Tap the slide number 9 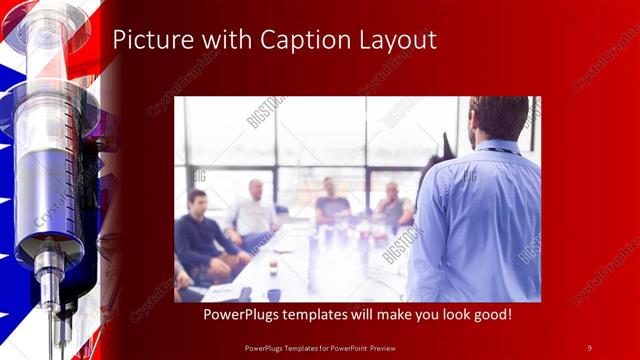coord(589,347)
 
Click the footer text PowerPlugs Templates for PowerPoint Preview coord(320,347)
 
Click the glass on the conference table coord(272,267)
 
